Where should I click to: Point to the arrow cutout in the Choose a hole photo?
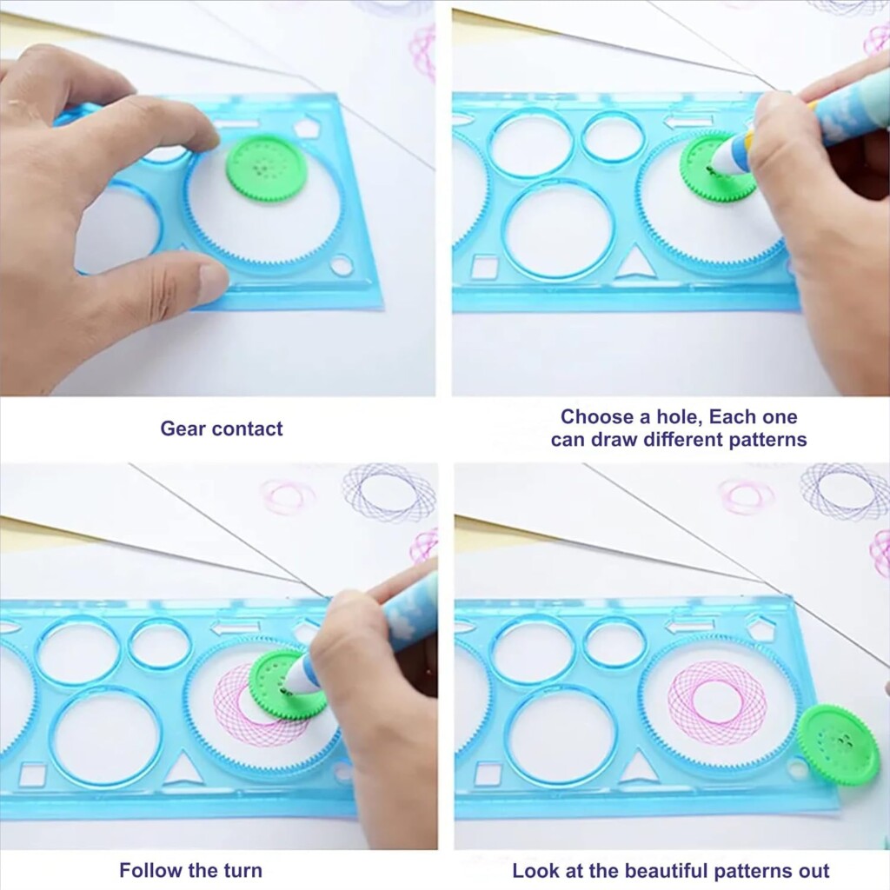(687, 121)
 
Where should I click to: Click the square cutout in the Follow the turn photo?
(32, 774)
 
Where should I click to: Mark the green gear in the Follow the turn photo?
(287, 685)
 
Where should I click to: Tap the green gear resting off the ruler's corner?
(837, 745)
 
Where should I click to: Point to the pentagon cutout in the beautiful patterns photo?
(761, 628)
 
